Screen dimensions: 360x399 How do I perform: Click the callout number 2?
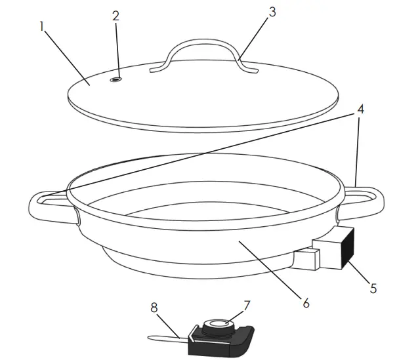pyautogui.click(x=116, y=16)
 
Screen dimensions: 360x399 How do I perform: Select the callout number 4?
pyautogui.click(x=360, y=111)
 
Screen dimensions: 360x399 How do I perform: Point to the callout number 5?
pyautogui.click(x=374, y=287)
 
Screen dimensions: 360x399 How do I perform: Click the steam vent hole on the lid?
pyautogui.click(x=116, y=79)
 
